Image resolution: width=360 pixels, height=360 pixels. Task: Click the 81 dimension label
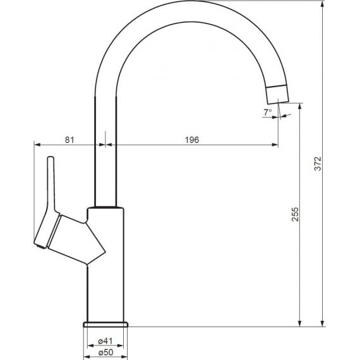[x=69, y=140]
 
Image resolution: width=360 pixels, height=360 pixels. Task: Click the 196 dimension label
[x=192, y=140]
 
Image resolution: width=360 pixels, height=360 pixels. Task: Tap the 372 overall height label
[x=318, y=164]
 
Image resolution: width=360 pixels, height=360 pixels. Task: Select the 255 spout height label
[x=295, y=214]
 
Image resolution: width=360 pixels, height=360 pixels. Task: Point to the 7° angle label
[x=268, y=112]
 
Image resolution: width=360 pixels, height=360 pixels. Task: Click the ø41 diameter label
[x=105, y=341]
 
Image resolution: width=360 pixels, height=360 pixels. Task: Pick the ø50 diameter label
[x=105, y=352]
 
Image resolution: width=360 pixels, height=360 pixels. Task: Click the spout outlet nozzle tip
[x=277, y=94]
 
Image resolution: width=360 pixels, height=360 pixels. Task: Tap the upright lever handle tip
[x=51, y=159]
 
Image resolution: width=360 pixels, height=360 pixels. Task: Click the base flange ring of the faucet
[x=105, y=324]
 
